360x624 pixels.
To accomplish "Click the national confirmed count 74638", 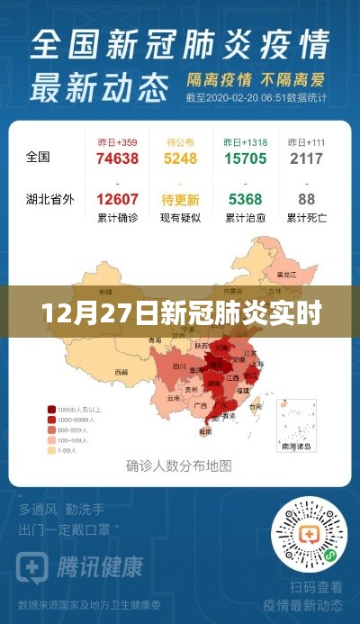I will pos(117,158).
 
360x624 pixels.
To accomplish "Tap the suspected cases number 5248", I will pos(181,158).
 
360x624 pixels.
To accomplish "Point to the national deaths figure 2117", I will pos(307,158).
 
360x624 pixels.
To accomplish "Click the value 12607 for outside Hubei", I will pos(117,200).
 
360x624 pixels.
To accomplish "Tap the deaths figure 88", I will pos(307,200).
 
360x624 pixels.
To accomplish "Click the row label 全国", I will pos(38,157).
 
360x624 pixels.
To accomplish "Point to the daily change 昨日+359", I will pos(117,142).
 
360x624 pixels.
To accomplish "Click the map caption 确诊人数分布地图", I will pos(179,466).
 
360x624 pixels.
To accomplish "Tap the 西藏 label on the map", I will pos(121,371).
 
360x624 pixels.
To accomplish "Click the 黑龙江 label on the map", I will pos(285,275).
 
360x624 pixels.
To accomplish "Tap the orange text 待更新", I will pos(181,200).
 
